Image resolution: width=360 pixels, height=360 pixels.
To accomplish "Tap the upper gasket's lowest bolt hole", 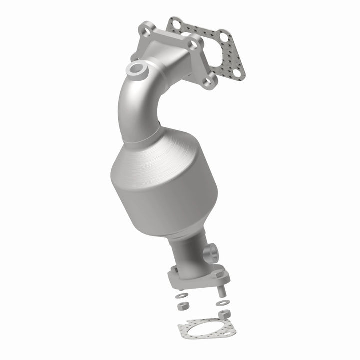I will point(237,73).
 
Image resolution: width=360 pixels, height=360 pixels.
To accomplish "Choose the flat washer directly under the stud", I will point(221,303).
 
